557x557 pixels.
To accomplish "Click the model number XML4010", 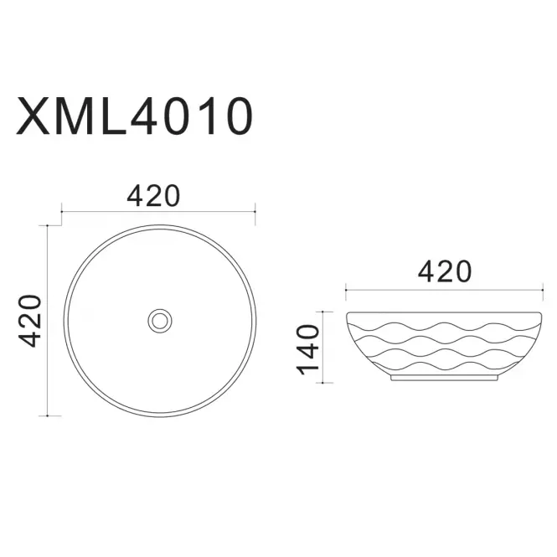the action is [134, 116].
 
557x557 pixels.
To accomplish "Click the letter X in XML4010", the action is [34, 116].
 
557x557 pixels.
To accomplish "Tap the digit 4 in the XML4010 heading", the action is [147, 116].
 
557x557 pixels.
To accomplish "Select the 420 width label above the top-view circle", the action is [153, 196].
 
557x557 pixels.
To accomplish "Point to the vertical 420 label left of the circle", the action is [30, 321].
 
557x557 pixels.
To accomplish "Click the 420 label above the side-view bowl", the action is [445, 271].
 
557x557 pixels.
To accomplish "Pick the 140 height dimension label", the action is [308, 350].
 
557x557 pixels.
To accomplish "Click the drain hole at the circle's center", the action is [160, 321].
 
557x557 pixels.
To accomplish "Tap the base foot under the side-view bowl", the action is [444, 378].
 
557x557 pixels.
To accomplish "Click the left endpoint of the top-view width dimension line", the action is [62, 212].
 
